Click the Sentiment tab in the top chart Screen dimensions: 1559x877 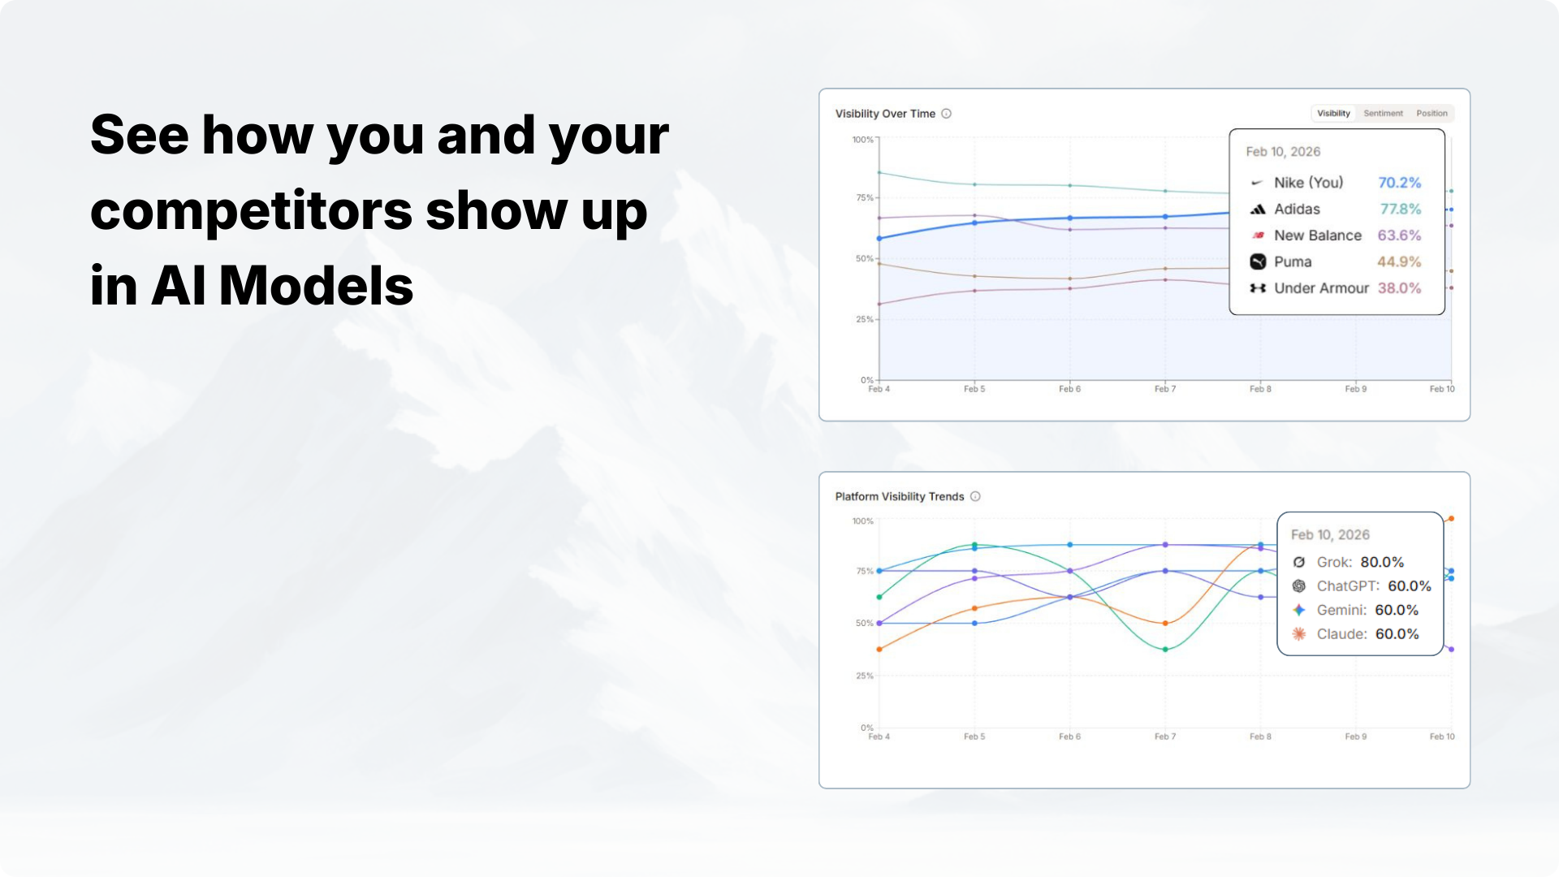1383,114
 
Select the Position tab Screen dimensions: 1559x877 1432,114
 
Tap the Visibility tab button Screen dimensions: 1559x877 1333,114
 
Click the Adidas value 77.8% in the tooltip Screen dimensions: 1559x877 1401,209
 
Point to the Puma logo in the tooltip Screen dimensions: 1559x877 1258,261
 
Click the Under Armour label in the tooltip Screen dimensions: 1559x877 1321,288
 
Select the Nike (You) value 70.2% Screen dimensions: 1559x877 1400,183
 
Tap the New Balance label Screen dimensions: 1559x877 1318,235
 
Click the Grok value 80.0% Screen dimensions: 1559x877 1382,562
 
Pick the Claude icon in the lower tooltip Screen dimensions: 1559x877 1299,634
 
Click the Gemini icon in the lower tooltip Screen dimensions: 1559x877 1299,610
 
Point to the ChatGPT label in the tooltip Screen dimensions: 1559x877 1348,586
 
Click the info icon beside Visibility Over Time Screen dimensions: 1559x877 946,114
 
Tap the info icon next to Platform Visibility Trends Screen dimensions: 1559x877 975,496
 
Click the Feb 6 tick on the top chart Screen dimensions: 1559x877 1069,389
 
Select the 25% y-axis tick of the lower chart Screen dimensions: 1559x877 864,676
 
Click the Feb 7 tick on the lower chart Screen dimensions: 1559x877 1165,737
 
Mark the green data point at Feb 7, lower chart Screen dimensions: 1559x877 1165,650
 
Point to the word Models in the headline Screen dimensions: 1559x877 316,286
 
